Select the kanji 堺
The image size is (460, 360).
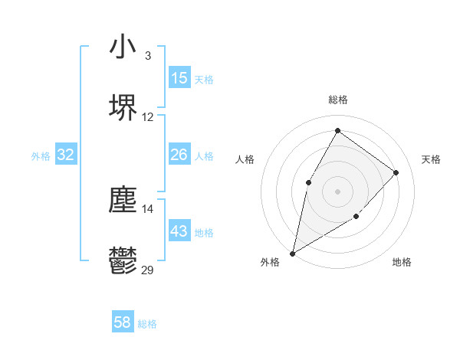(x=123, y=107)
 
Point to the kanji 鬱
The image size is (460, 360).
(x=123, y=260)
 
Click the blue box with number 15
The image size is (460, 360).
(x=179, y=78)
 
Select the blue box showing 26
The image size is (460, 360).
(x=179, y=155)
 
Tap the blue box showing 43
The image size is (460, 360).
(x=179, y=231)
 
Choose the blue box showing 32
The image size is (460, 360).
(x=66, y=155)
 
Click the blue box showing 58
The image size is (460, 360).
(x=123, y=322)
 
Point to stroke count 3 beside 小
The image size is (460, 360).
(x=148, y=56)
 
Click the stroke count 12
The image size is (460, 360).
(x=148, y=117)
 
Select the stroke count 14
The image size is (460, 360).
(x=148, y=208)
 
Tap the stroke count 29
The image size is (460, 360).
(x=148, y=270)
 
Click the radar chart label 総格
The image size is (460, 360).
(x=337, y=100)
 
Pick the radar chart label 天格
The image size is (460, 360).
(x=431, y=159)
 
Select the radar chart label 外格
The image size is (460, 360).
(x=270, y=263)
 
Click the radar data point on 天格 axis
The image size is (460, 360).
(x=396, y=172)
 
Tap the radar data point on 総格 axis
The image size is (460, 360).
(x=337, y=131)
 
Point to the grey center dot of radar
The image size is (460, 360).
(x=337, y=191)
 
